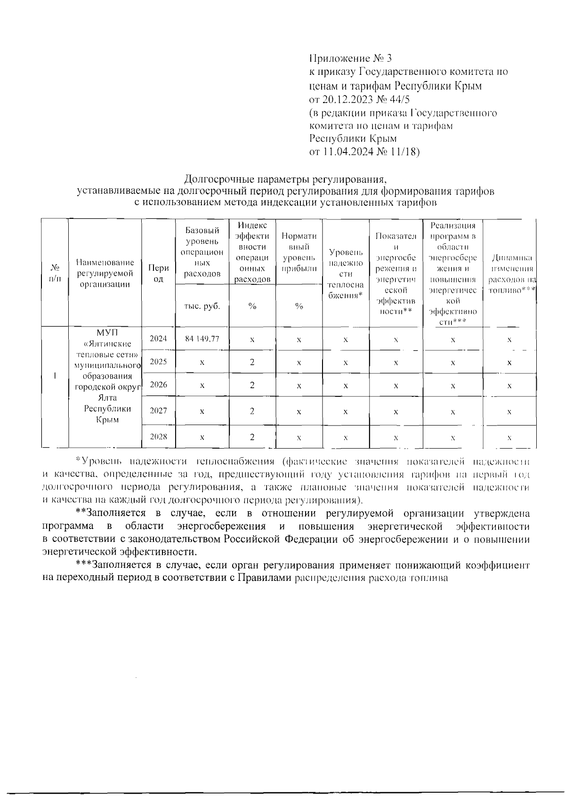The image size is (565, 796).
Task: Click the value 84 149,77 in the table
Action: [x=202, y=339]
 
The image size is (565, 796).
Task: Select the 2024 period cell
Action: [x=158, y=338]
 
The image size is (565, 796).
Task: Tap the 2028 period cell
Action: [x=158, y=436]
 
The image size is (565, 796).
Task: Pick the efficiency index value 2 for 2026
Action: [x=252, y=385]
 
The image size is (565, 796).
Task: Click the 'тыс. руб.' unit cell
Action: [x=202, y=306]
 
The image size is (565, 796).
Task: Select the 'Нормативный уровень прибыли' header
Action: [x=299, y=252]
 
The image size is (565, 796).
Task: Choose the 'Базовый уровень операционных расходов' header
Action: [x=202, y=252]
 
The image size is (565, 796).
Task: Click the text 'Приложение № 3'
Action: [x=350, y=58]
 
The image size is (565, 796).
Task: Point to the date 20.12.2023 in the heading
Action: [x=345, y=99]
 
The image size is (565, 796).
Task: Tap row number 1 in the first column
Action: [x=55, y=376]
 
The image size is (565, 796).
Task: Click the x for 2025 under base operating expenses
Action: [x=202, y=362]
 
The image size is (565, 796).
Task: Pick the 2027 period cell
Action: [x=158, y=410]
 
